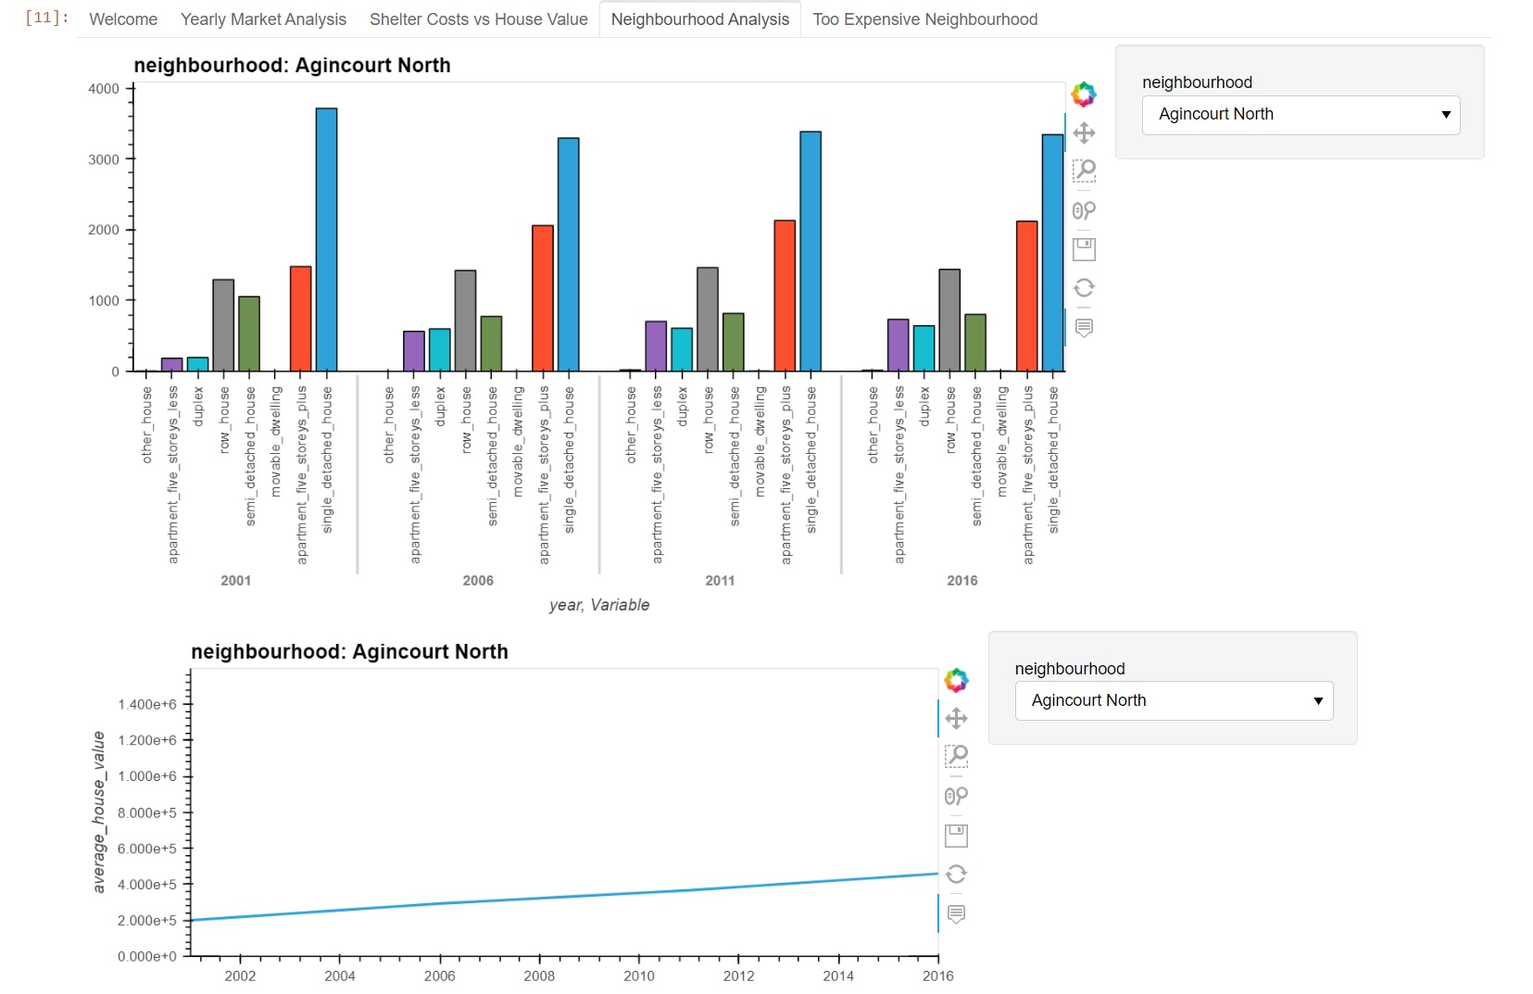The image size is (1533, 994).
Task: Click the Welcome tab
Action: tap(123, 19)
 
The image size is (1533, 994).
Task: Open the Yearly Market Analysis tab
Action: tap(263, 19)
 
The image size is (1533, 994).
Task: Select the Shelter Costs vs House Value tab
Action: tap(478, 19)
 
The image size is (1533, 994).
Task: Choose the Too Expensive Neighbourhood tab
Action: tap(924, 19)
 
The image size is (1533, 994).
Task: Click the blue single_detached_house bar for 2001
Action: tap(326, 240)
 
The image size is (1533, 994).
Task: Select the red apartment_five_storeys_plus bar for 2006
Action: tap(543, 298)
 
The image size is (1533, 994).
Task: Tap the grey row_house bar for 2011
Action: tap(708, 320)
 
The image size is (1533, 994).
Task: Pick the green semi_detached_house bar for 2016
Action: tap(975, 343)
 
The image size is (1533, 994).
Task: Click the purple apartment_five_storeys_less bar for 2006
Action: tap(414, 351)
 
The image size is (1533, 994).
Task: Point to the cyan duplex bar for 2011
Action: tap(682, 349)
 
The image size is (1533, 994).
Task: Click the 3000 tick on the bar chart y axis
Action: tap(104, 159)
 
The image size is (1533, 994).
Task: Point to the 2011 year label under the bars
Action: tap(720, 581)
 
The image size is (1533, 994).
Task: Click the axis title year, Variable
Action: tap(599, 605)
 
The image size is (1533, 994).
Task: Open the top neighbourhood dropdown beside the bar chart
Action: tap(1301, 115)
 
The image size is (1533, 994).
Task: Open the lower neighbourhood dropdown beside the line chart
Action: tap(1174, 701)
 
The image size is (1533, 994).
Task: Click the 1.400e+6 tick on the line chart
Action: tap(147, 705)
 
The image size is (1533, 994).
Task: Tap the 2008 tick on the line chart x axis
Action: tap(539, 975)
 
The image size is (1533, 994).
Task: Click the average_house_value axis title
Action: tap(98, 812)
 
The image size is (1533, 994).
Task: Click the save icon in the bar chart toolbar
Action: tap(1084, 249)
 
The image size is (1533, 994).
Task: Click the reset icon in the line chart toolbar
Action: tap(956, 874)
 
